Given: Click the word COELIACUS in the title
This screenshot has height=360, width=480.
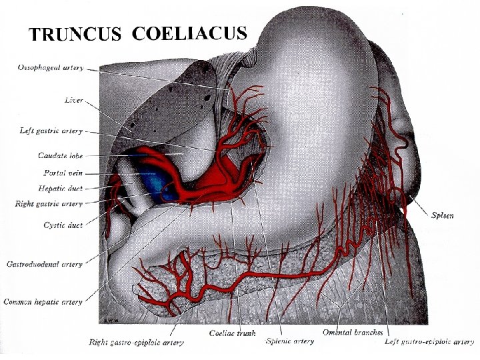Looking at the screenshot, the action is (x=190, y=33).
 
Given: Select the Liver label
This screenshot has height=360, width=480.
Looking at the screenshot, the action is (x=73, y=101).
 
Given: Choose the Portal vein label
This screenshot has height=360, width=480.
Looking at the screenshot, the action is (x=64, y=173).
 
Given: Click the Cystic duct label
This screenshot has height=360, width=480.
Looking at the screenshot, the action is (x=63, y=225).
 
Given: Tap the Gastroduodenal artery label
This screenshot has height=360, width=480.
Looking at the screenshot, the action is (x=45, y=265).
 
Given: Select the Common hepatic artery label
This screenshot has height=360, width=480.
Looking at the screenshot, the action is (x=43, y=302).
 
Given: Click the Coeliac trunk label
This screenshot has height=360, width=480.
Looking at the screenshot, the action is (x=233, y=333).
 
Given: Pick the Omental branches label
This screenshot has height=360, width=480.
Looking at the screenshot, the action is (x=353, y=333).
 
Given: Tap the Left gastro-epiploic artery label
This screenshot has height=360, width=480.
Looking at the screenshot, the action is (x=429, y=342).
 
